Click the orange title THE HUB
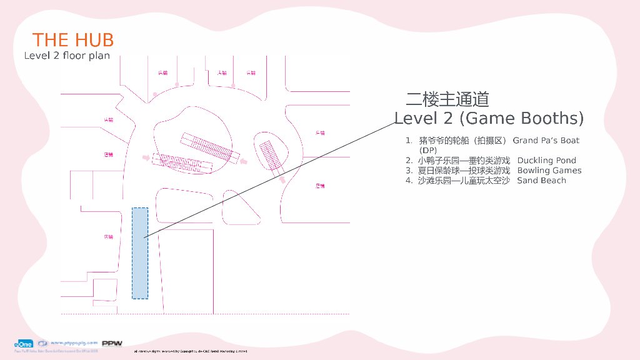tap(73, 40)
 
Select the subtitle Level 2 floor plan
tap(67, 56)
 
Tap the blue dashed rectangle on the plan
tap(140, 253)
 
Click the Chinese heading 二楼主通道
tap(447, 99)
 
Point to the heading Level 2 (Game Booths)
tap(489, 118)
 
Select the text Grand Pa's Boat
tap(546, 141)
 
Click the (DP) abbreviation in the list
tap(428, 151)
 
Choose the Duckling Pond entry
tap(546, 161)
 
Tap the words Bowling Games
tap(549, 171)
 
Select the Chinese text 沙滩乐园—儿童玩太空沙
tap(464, 181)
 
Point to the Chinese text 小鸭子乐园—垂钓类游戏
tap(464, 161)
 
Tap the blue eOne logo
tap(24, 344)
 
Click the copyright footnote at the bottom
tap(191, 352)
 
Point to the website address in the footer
tap(74, 343)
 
